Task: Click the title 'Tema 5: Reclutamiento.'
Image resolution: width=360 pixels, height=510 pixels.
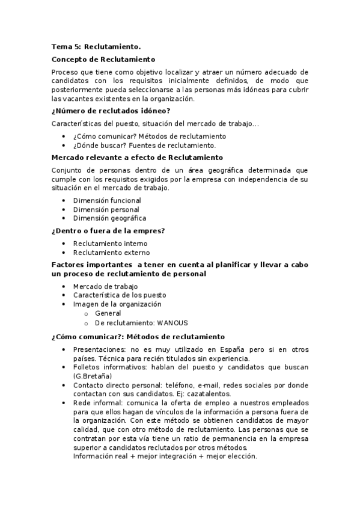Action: (x=96, y=46)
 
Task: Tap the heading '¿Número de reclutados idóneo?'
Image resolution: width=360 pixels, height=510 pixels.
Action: (x=111, y=110)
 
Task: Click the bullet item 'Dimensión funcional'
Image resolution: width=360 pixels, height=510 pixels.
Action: (x=107, y=200)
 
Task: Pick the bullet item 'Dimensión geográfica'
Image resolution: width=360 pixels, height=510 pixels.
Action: (x=109, y=218)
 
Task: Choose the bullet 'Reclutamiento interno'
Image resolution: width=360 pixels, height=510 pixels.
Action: (x=110, y=244)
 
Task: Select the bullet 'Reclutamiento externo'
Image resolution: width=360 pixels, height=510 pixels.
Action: (x=111, y=253)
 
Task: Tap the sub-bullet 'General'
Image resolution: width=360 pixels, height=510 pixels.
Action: (x=108, y=313)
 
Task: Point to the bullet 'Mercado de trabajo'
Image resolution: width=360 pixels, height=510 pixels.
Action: (x=105, y=286)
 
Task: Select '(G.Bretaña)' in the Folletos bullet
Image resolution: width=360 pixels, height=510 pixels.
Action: (x=93, y=375)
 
